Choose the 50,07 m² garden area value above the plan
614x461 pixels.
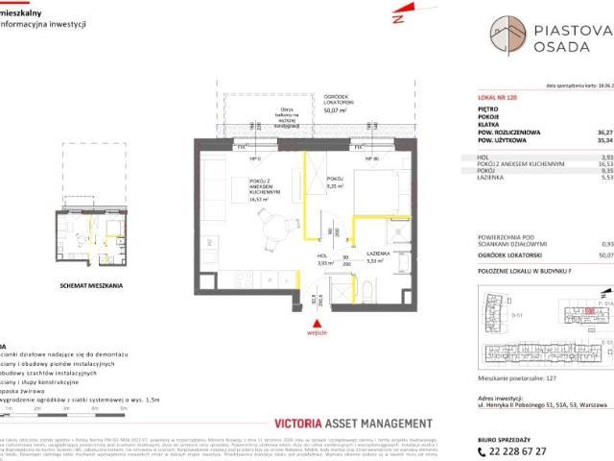[x=335, y=110]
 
